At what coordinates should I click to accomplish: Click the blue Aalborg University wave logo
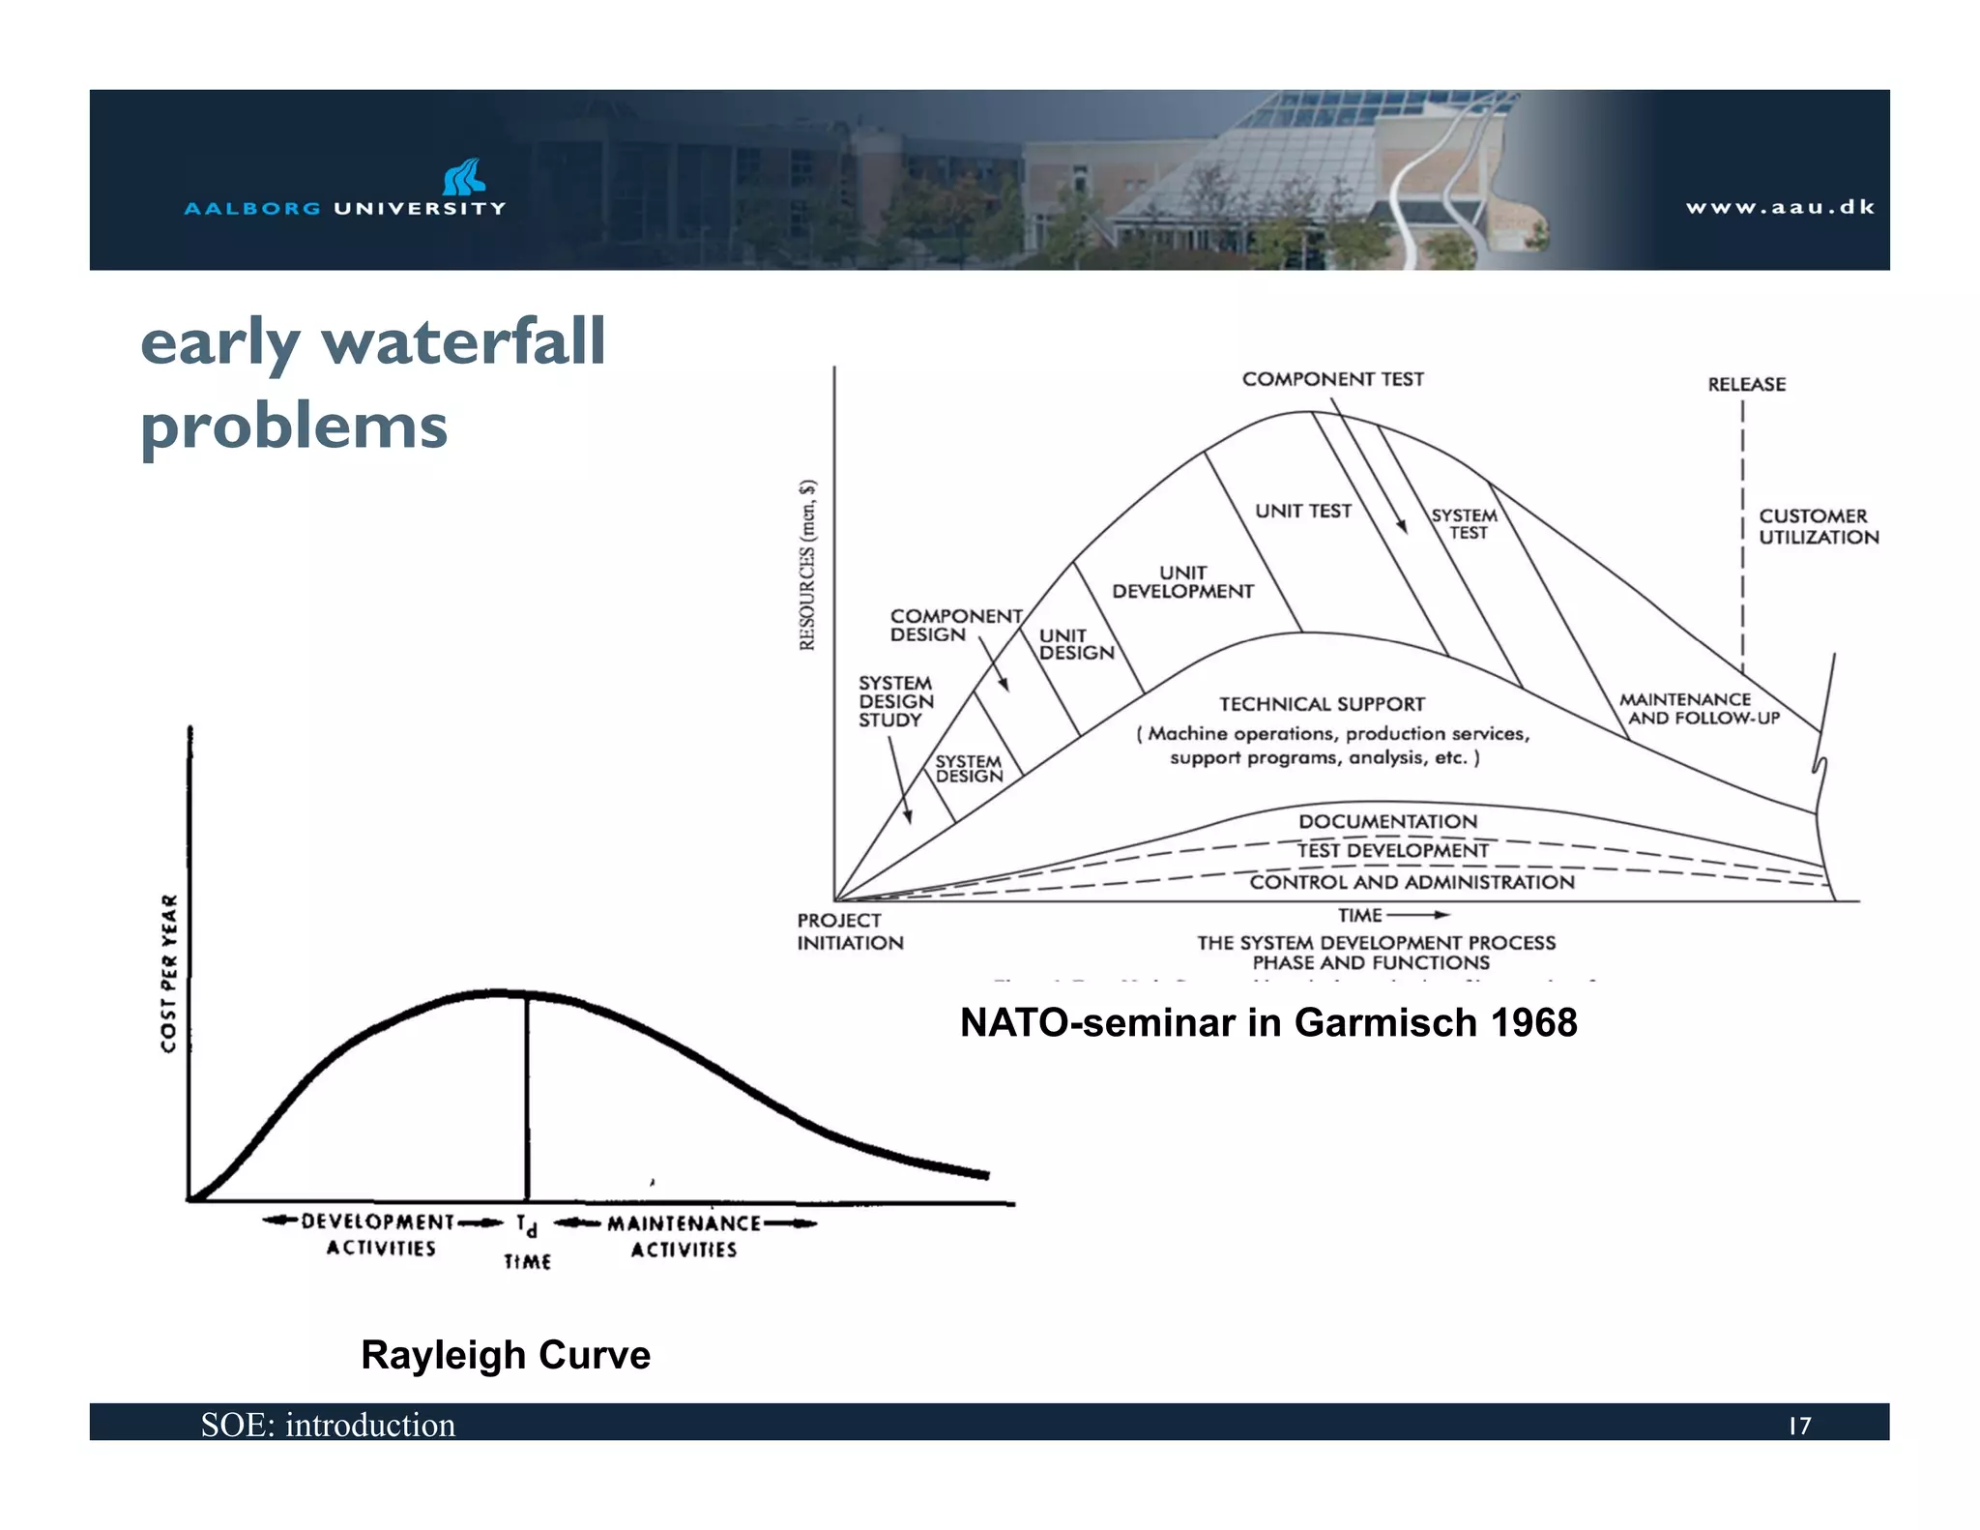tap(463, 177)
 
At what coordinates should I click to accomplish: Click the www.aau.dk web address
tap(1780, 207)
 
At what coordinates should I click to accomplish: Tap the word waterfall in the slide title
tap(463, 341)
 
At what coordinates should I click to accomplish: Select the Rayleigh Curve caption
tap(506, 1355)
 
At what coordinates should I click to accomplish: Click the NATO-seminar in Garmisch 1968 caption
tap(1268, 1022)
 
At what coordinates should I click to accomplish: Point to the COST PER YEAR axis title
tap(169, 973)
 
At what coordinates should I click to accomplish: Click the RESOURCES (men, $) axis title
tap(807, 565)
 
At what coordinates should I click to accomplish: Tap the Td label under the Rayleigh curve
tap(526, 1225)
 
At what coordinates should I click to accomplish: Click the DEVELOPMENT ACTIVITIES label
tap(380, 1235)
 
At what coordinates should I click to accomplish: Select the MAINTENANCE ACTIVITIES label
tap(684, 1236)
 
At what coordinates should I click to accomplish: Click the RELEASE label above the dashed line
tap(1746, 384)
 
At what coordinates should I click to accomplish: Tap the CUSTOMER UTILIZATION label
tap(1818, 527)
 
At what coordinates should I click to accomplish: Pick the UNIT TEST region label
tap(1302, 511)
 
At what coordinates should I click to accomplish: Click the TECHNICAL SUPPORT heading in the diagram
tap(1322, 704)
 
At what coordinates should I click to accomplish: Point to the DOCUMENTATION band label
tap(1387, 821)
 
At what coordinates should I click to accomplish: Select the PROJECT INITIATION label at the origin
tap(849, 931)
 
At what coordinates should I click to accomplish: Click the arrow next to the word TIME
tap(1418, 915)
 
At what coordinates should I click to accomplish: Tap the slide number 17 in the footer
tap(1799, 1426)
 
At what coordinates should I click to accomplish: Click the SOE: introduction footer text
tap(328, 1425)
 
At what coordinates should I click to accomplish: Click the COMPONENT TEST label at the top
tap(1332, 379)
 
